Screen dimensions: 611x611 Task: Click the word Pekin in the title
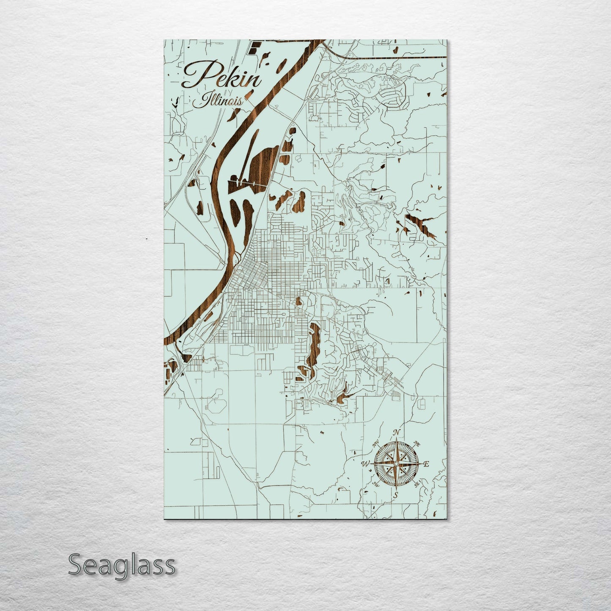click(222, 76)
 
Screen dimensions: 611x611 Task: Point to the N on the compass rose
click(397, 432)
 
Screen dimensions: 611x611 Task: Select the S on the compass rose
click(396, 495)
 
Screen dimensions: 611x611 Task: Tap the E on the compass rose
click(426, 464)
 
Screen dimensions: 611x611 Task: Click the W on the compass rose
click(364, 464)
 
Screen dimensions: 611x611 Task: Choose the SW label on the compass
click(375, 484)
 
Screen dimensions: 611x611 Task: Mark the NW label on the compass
click(376, 444)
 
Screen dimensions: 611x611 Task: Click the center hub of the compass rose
click(396, 464)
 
